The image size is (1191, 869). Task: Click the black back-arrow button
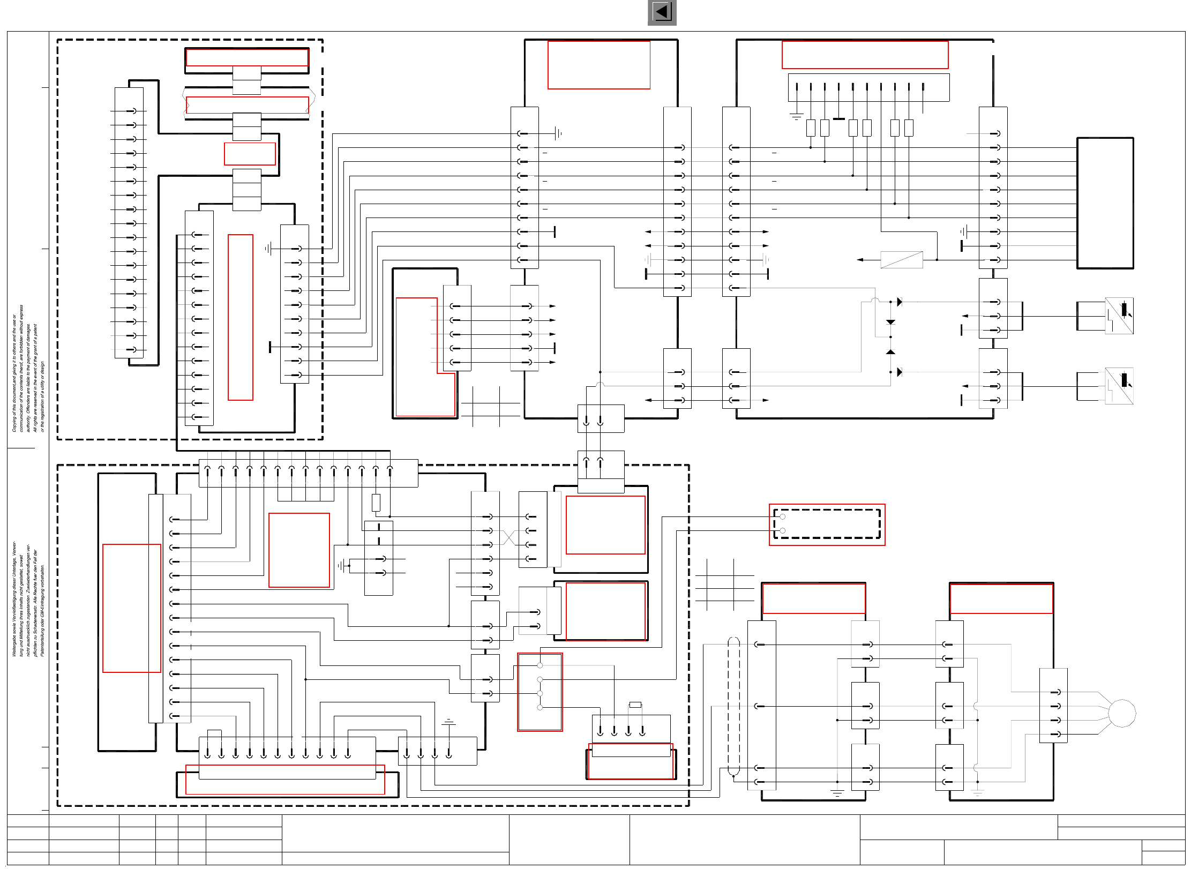662,12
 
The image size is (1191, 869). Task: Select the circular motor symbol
1121,713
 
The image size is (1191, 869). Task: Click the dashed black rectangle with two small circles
827,524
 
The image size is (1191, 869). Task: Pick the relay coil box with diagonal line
902,260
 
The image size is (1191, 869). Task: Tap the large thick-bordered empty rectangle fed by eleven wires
1105,203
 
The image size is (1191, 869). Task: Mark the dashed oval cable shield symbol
733,706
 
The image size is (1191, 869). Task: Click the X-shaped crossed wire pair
509,537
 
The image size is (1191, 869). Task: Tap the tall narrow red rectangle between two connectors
241,317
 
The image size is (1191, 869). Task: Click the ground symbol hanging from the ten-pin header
797,115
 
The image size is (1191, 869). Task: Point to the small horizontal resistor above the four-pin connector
635,705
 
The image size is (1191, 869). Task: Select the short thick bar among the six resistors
839,119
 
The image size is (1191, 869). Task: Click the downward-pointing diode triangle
890,322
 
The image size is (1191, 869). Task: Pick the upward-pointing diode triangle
890,351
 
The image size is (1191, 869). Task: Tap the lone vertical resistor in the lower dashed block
376,503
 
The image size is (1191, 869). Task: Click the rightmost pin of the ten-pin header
923,87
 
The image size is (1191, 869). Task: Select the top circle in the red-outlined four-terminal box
540,665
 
